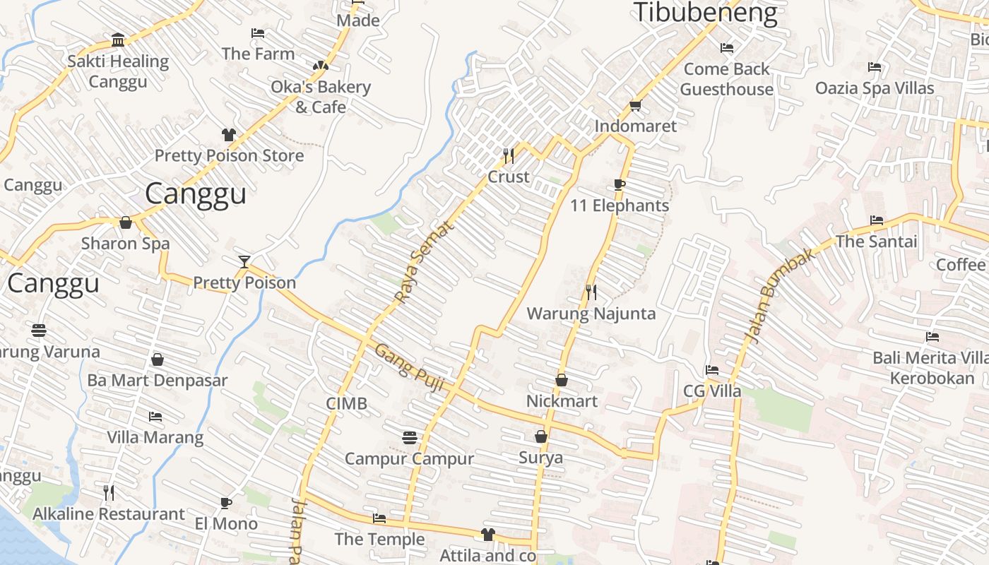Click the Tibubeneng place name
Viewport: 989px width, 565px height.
[x=704, y=13]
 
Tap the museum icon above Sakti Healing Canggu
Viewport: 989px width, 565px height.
[x=118, y=40]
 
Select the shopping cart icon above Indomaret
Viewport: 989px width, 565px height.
[x=635, y=106]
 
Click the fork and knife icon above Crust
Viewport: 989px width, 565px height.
[x=508, y=155]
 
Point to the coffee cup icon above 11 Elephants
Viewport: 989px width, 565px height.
[x=620, y=185]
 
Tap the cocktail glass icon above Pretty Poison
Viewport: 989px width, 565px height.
[x=244, y=262]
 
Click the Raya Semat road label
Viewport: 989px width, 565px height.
[x=422, y=263]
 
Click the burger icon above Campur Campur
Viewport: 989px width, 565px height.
[x=409, y=438]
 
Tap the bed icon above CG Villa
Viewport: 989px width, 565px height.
[x=711, y=370]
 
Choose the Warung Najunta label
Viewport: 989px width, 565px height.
[x=591, y=314]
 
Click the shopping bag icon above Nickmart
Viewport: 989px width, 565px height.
[x=562, y=381]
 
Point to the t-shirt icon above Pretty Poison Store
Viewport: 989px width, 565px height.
[x=228, y=135]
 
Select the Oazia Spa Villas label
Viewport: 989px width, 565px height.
[x=875, y=88]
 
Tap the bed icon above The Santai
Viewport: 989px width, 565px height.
[x=877, y=220]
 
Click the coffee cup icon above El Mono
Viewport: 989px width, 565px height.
[x=225, y=503]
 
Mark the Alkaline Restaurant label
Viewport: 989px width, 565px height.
[x=109, y=514]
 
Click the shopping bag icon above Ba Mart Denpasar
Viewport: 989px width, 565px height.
[x=158, y=360]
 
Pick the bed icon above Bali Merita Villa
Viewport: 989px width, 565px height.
[x=932, y=337]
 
